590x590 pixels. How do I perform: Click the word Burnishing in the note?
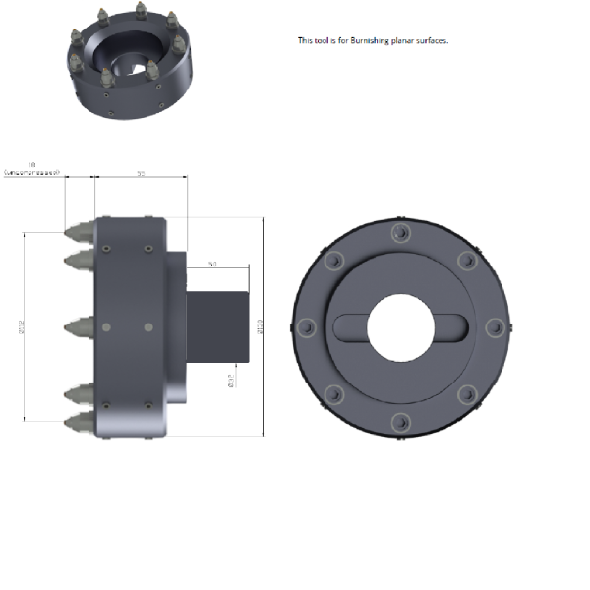pyautogui.click(x=370, y=41)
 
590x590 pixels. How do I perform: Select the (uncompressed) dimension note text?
pyautogui.click(x=31, y=172)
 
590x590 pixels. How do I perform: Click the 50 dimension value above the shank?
pyautogui.click(x=211, y=265)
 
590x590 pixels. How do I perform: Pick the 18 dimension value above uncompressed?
pyautogui.click(x=33, y=164)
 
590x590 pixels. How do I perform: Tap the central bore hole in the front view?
pyautogui.click(x=399, y=327)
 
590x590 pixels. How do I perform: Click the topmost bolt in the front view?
pyautogui.click(x=399, y=233)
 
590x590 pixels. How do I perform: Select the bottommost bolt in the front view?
pyautogui.click(x=399, y=423)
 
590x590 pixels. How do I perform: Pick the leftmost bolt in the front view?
pyautogui.click(x=305, y=327)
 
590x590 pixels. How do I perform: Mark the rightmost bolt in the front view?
pyautogui.click(x=495, y=327)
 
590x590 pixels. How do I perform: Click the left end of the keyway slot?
pyautogui.click(x=344, y=327)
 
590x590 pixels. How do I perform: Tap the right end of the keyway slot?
pyautogui.click(x=454, y=327)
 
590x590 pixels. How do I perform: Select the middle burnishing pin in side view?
pyautogui.click(x=79, y=326)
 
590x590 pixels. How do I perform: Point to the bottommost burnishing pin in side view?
pyautogui.click(x=79, y=424)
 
